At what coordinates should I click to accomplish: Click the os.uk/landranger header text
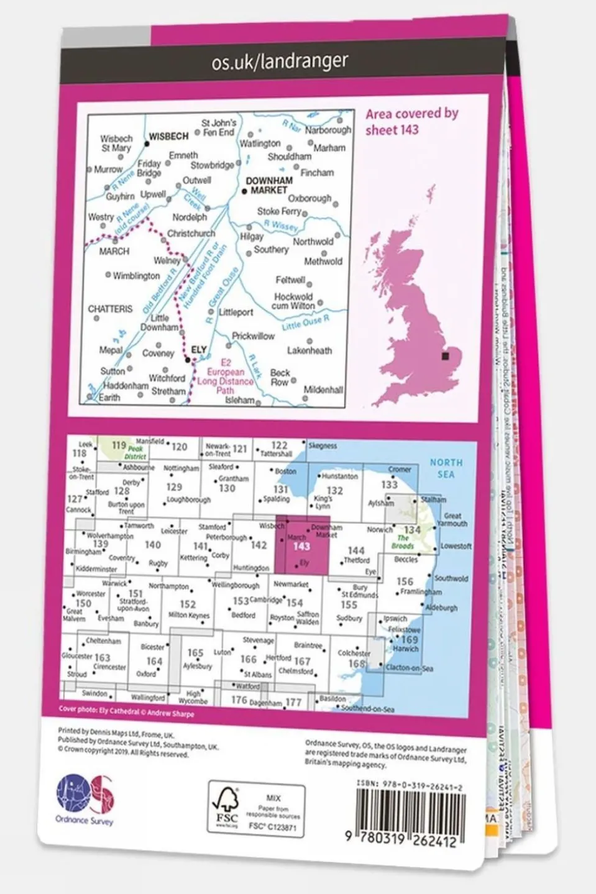[x=280, y=61]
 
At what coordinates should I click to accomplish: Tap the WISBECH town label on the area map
[x=168, y=135]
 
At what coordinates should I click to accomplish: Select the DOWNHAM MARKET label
[x=269, y=185]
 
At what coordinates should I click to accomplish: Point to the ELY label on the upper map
[x=198, y=350]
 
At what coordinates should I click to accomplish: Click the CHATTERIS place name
[x=110, y=308]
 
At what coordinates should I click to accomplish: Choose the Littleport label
[x=236, y=312]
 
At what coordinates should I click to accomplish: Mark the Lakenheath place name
[x=309, y=350]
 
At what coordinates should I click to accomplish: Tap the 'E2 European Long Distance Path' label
[x=225, y=376]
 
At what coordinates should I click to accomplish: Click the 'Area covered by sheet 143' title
[x=411, y=122]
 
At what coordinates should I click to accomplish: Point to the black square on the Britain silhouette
[x=446, y=356]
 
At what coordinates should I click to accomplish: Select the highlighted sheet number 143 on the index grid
[x=301, y=546]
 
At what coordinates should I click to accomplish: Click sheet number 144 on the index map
[x=355, y=550]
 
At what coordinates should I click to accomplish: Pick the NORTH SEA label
[x=446, y=468]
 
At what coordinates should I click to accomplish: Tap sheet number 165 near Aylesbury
[x=195, y=652]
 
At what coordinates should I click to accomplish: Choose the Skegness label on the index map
[x=322, y=445]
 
